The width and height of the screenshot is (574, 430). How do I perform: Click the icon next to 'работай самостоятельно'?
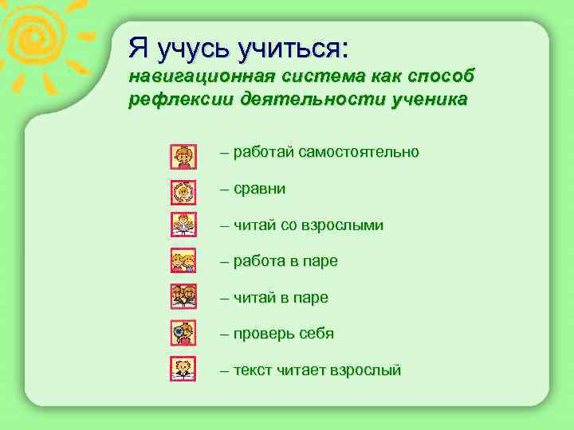tap(183, 156)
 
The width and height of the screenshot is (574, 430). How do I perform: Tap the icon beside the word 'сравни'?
tap(183, 192)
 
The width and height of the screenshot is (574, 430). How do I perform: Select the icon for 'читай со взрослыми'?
tap(183, 225)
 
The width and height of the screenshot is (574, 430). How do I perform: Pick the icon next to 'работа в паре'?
tap(183, 260)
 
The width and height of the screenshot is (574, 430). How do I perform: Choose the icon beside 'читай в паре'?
tap(183, 296)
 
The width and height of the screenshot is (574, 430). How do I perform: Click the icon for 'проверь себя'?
tap(183, 331)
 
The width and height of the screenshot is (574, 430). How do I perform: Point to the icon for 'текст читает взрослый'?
tap(183, 369)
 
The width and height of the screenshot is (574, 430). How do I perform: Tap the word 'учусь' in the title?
tap(191, 49)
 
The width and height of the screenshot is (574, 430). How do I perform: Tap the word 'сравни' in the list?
tap(259, 189)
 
